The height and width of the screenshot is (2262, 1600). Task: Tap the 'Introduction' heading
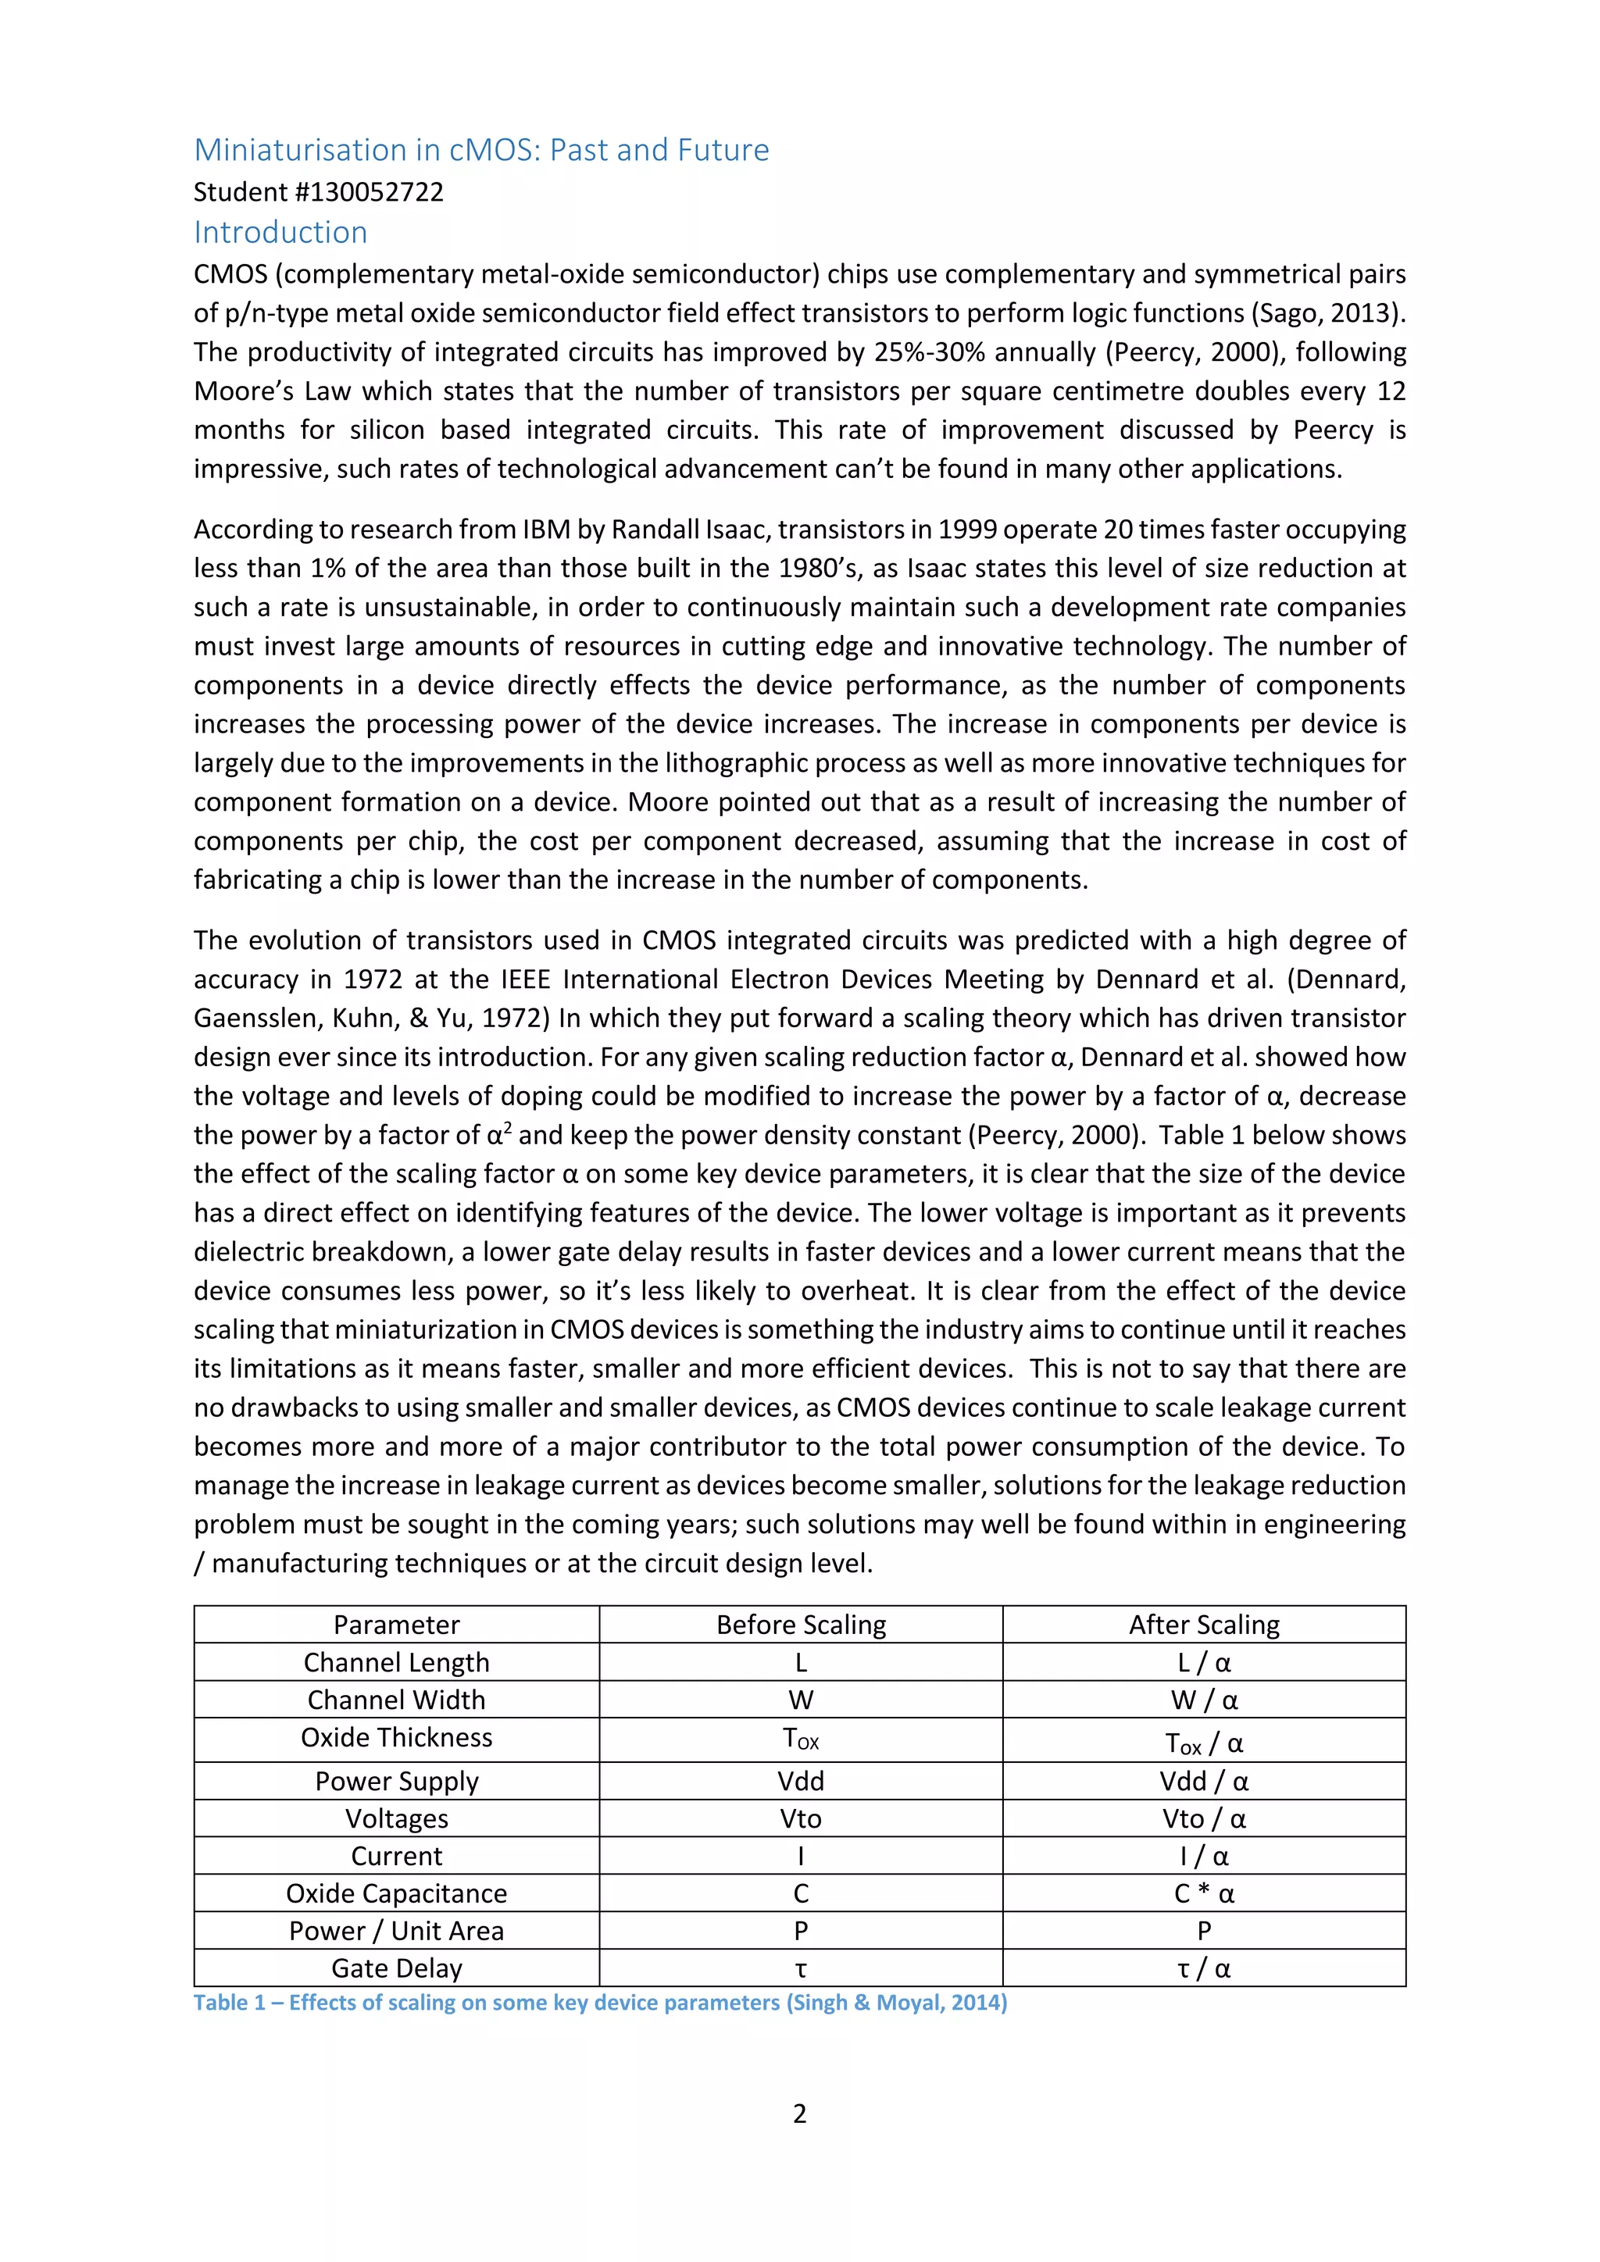coord(280,233)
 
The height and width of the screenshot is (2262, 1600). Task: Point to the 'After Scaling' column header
coord(1203,1625)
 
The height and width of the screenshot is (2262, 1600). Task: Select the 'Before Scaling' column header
coord(800,1625)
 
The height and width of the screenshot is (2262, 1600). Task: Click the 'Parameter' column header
coord(396,1625)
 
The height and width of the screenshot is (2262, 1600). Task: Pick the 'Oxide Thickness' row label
coord(396,1737)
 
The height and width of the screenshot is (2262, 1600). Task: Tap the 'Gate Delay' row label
coord(396,1968)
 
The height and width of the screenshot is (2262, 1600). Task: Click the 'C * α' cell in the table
coord(1203,1893)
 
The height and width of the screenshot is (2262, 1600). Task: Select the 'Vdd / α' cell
coord(1203,1780)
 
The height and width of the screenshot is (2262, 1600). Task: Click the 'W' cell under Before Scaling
coord(800,1700)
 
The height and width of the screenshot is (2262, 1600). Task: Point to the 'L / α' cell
coord(1203,1662)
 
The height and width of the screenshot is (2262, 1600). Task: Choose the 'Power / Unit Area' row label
coord(396,1930)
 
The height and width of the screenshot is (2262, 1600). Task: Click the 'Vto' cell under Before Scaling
coord(800,1818)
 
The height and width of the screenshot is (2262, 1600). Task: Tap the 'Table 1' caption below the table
coord(599,2002)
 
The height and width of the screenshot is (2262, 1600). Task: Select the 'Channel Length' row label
coord(396,1662)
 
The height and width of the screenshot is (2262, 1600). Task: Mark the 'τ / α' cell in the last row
coord(1203,1968)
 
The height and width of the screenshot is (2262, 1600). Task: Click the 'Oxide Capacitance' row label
coord(396,1893)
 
